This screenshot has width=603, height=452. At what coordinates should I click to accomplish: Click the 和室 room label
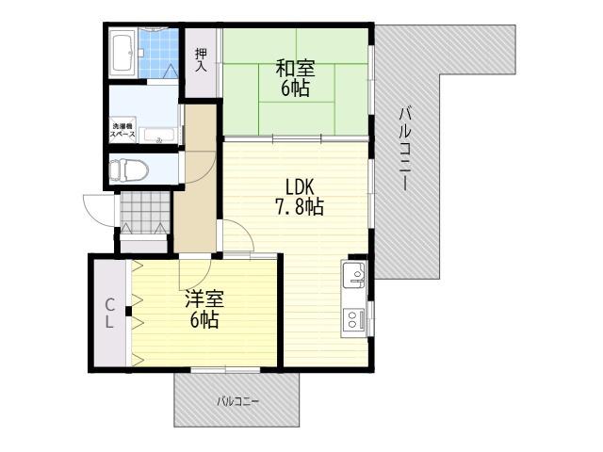295,68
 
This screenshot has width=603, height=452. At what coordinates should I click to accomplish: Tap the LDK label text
300,187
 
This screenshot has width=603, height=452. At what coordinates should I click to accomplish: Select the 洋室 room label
204,299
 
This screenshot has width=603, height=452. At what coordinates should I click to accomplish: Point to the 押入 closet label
201,60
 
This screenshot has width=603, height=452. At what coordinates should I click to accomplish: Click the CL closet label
109,314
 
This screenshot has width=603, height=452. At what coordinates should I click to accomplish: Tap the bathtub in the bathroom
122,54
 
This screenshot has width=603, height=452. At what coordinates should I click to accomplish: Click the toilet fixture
129,169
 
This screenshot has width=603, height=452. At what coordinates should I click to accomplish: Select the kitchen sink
354,274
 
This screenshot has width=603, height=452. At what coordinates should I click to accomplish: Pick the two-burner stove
354,319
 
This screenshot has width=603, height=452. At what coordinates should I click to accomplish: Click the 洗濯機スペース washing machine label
122,130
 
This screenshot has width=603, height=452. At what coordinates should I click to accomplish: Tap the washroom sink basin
159,136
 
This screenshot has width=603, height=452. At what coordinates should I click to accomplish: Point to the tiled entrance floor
145,213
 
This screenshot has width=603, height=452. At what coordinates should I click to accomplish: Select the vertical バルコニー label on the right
404,149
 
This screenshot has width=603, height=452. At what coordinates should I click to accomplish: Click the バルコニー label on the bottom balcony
238,402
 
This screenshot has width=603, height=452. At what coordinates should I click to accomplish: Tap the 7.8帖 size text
300,207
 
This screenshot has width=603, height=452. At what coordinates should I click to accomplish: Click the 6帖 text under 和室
295,89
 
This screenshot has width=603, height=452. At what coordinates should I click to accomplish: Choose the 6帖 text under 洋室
204,319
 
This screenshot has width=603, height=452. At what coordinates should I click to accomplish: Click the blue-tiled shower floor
158,54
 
